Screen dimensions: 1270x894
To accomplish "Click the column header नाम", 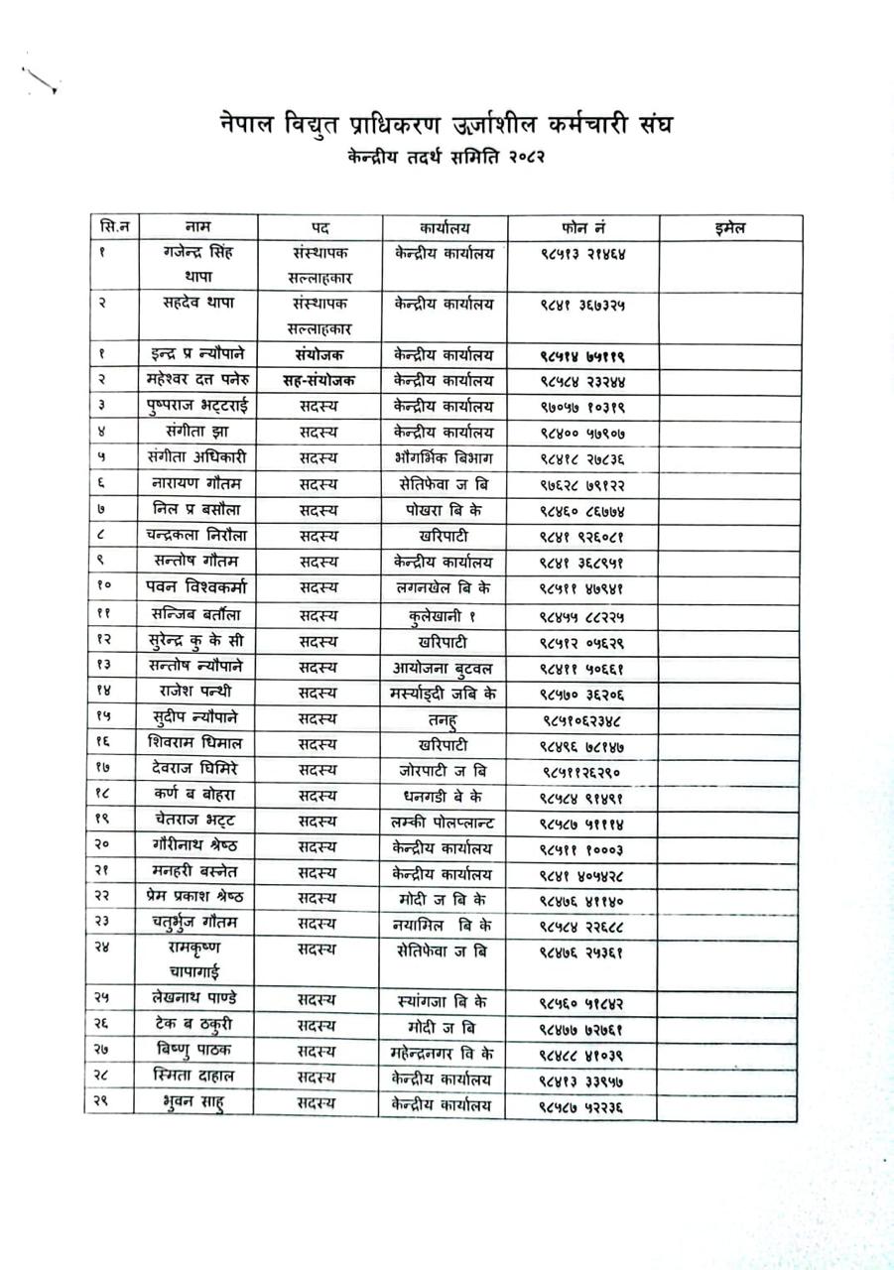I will (196, 228).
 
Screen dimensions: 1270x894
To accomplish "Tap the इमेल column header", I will (729, 228).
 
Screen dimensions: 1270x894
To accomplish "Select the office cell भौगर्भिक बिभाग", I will (443, 458).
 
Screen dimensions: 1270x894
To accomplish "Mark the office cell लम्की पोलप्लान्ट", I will (443, 822).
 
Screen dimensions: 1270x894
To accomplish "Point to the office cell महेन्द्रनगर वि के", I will (443, 1052).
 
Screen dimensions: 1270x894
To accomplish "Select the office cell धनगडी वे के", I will (443, 796).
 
